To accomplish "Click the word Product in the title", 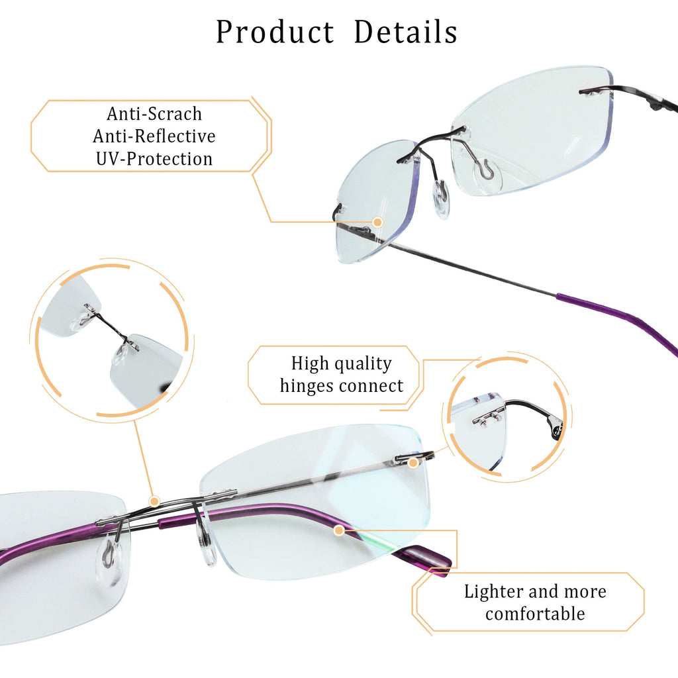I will [275, 32].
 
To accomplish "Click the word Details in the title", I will [405, 32].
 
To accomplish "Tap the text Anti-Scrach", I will [154, 114].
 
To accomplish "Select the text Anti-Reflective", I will [154, 136].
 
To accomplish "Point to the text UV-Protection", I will [154, 159].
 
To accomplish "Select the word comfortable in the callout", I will [535, 614].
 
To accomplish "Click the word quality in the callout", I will [362, 363].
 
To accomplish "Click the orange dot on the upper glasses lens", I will [377, 222].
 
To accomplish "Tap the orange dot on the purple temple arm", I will [339, 530].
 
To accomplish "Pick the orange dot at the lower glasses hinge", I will [412, 461].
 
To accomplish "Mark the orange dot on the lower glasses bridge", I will [154, 500].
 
